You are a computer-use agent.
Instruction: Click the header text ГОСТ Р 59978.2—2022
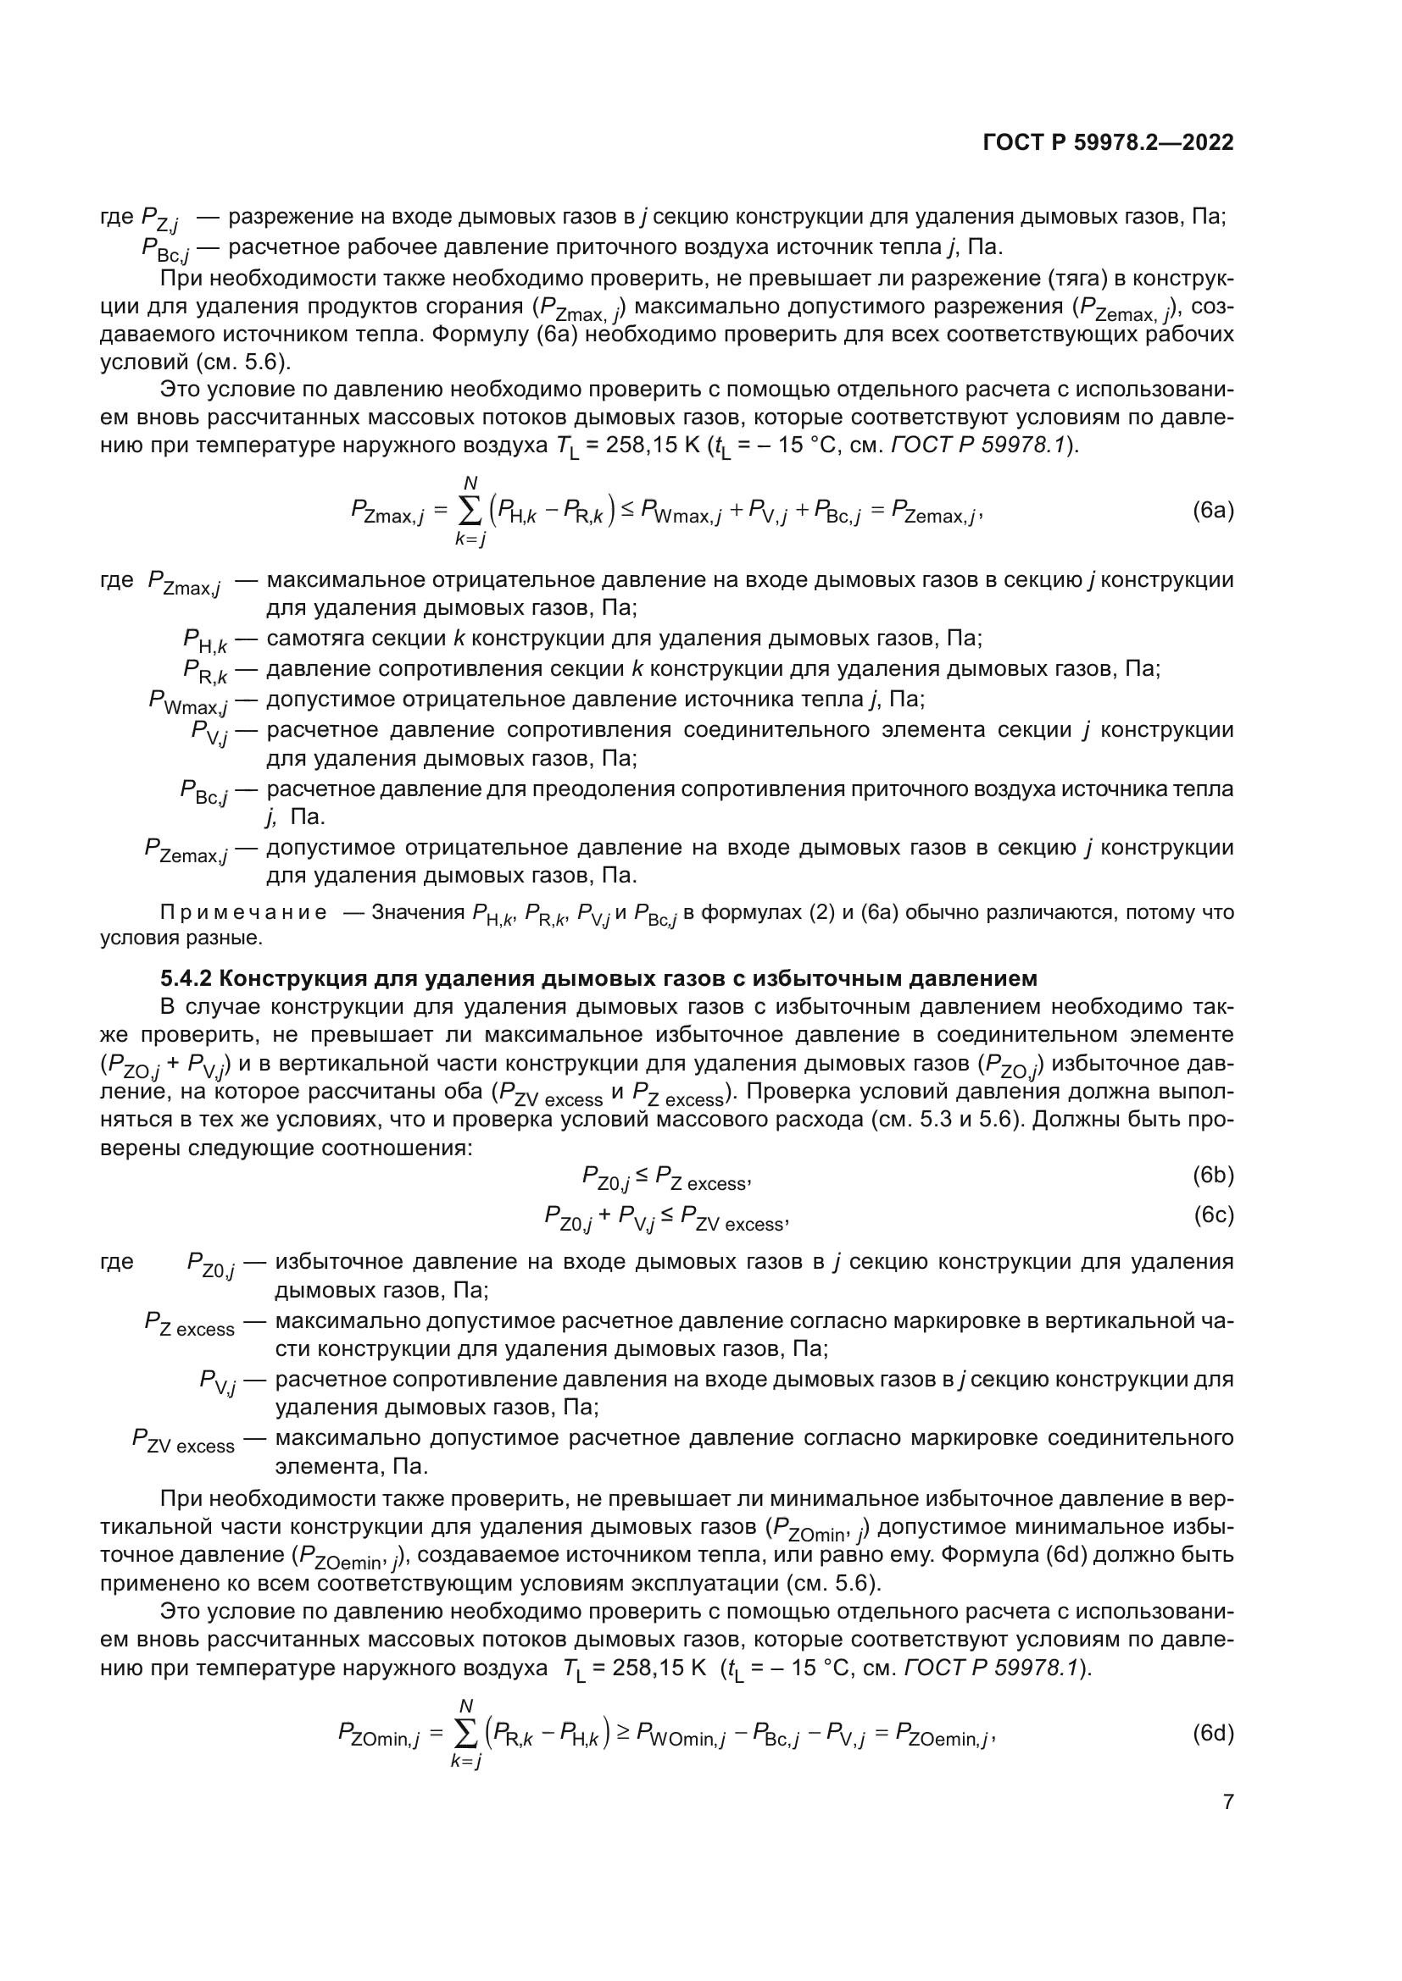tap(1108, 143)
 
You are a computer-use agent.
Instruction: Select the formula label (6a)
tap(1212, 511)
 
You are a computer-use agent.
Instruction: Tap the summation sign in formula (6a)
tap(470, 512)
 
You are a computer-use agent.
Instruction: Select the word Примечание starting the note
tap(244, 913)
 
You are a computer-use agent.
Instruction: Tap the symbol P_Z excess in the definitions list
tap(189, 1322)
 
